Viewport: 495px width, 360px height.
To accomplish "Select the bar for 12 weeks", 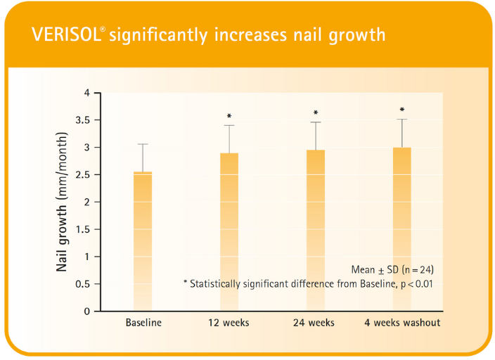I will tap(229, 232).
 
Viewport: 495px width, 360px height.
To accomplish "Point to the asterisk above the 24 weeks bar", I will tap(316, 113).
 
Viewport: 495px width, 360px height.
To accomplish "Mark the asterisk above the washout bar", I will tap(402, 110).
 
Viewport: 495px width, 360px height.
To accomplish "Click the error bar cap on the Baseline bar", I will tap(143, 144).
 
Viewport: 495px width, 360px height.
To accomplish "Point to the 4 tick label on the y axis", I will tap(88, 93).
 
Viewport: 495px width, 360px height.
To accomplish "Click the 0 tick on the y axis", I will tap(88, 311).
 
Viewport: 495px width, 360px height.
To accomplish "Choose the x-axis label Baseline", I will tap(143, 323).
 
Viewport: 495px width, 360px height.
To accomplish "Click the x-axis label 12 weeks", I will tap(228, 323).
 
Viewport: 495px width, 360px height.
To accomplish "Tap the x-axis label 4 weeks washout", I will tap(402, 323).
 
